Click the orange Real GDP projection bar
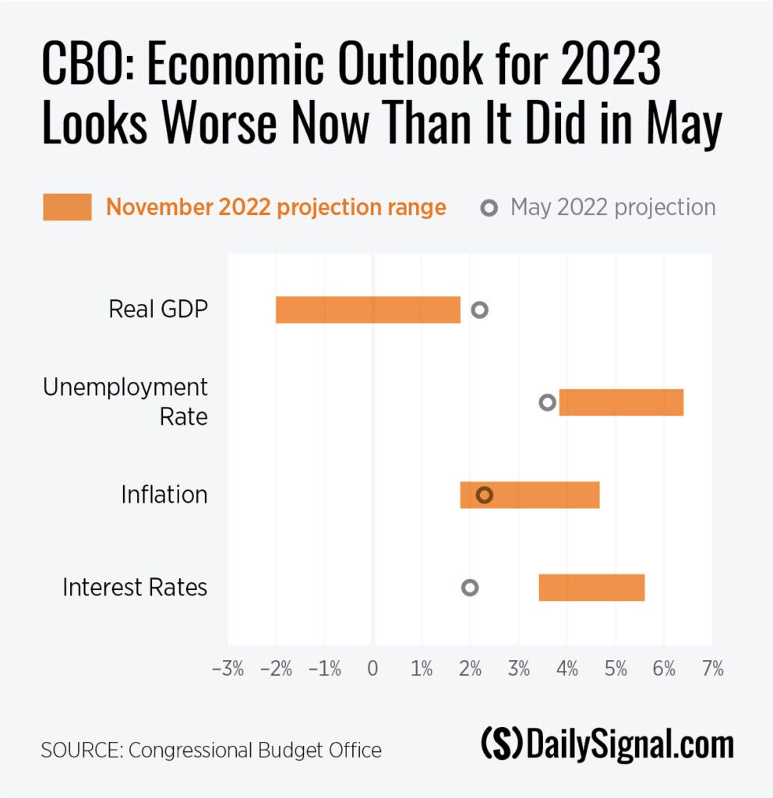pyautogui.click(x=368, y=309)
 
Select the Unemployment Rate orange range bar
pyautogui.click(x=621, y=402)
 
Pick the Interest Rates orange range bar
pyautogui.click(x=591, y=588)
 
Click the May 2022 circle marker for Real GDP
pyautogui.click(x=479, y=309)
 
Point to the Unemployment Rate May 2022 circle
pyautogui.click(x=547, y=402)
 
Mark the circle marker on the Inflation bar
pyautogui.click(x=485, y=495)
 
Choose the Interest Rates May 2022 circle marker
pyautogui.click(x=469, y=588)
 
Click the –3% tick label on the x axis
pyautogui.click(x=228, y=669)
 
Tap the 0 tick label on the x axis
pyautogui.click(x=373, y=669)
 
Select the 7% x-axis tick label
pyautogui.click(x=712, y=669)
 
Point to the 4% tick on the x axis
pyautogui.click(x=567, y=669)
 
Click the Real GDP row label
pyautogui.click(x=158, y=309)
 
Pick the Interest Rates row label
pyautogui.click(x=135, y=587)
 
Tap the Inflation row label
pyautogui.click(x=164, y=495)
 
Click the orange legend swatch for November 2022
pyautogui.click(x=67, y=208)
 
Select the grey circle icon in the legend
pyautogui.click(x=489, y=208)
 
